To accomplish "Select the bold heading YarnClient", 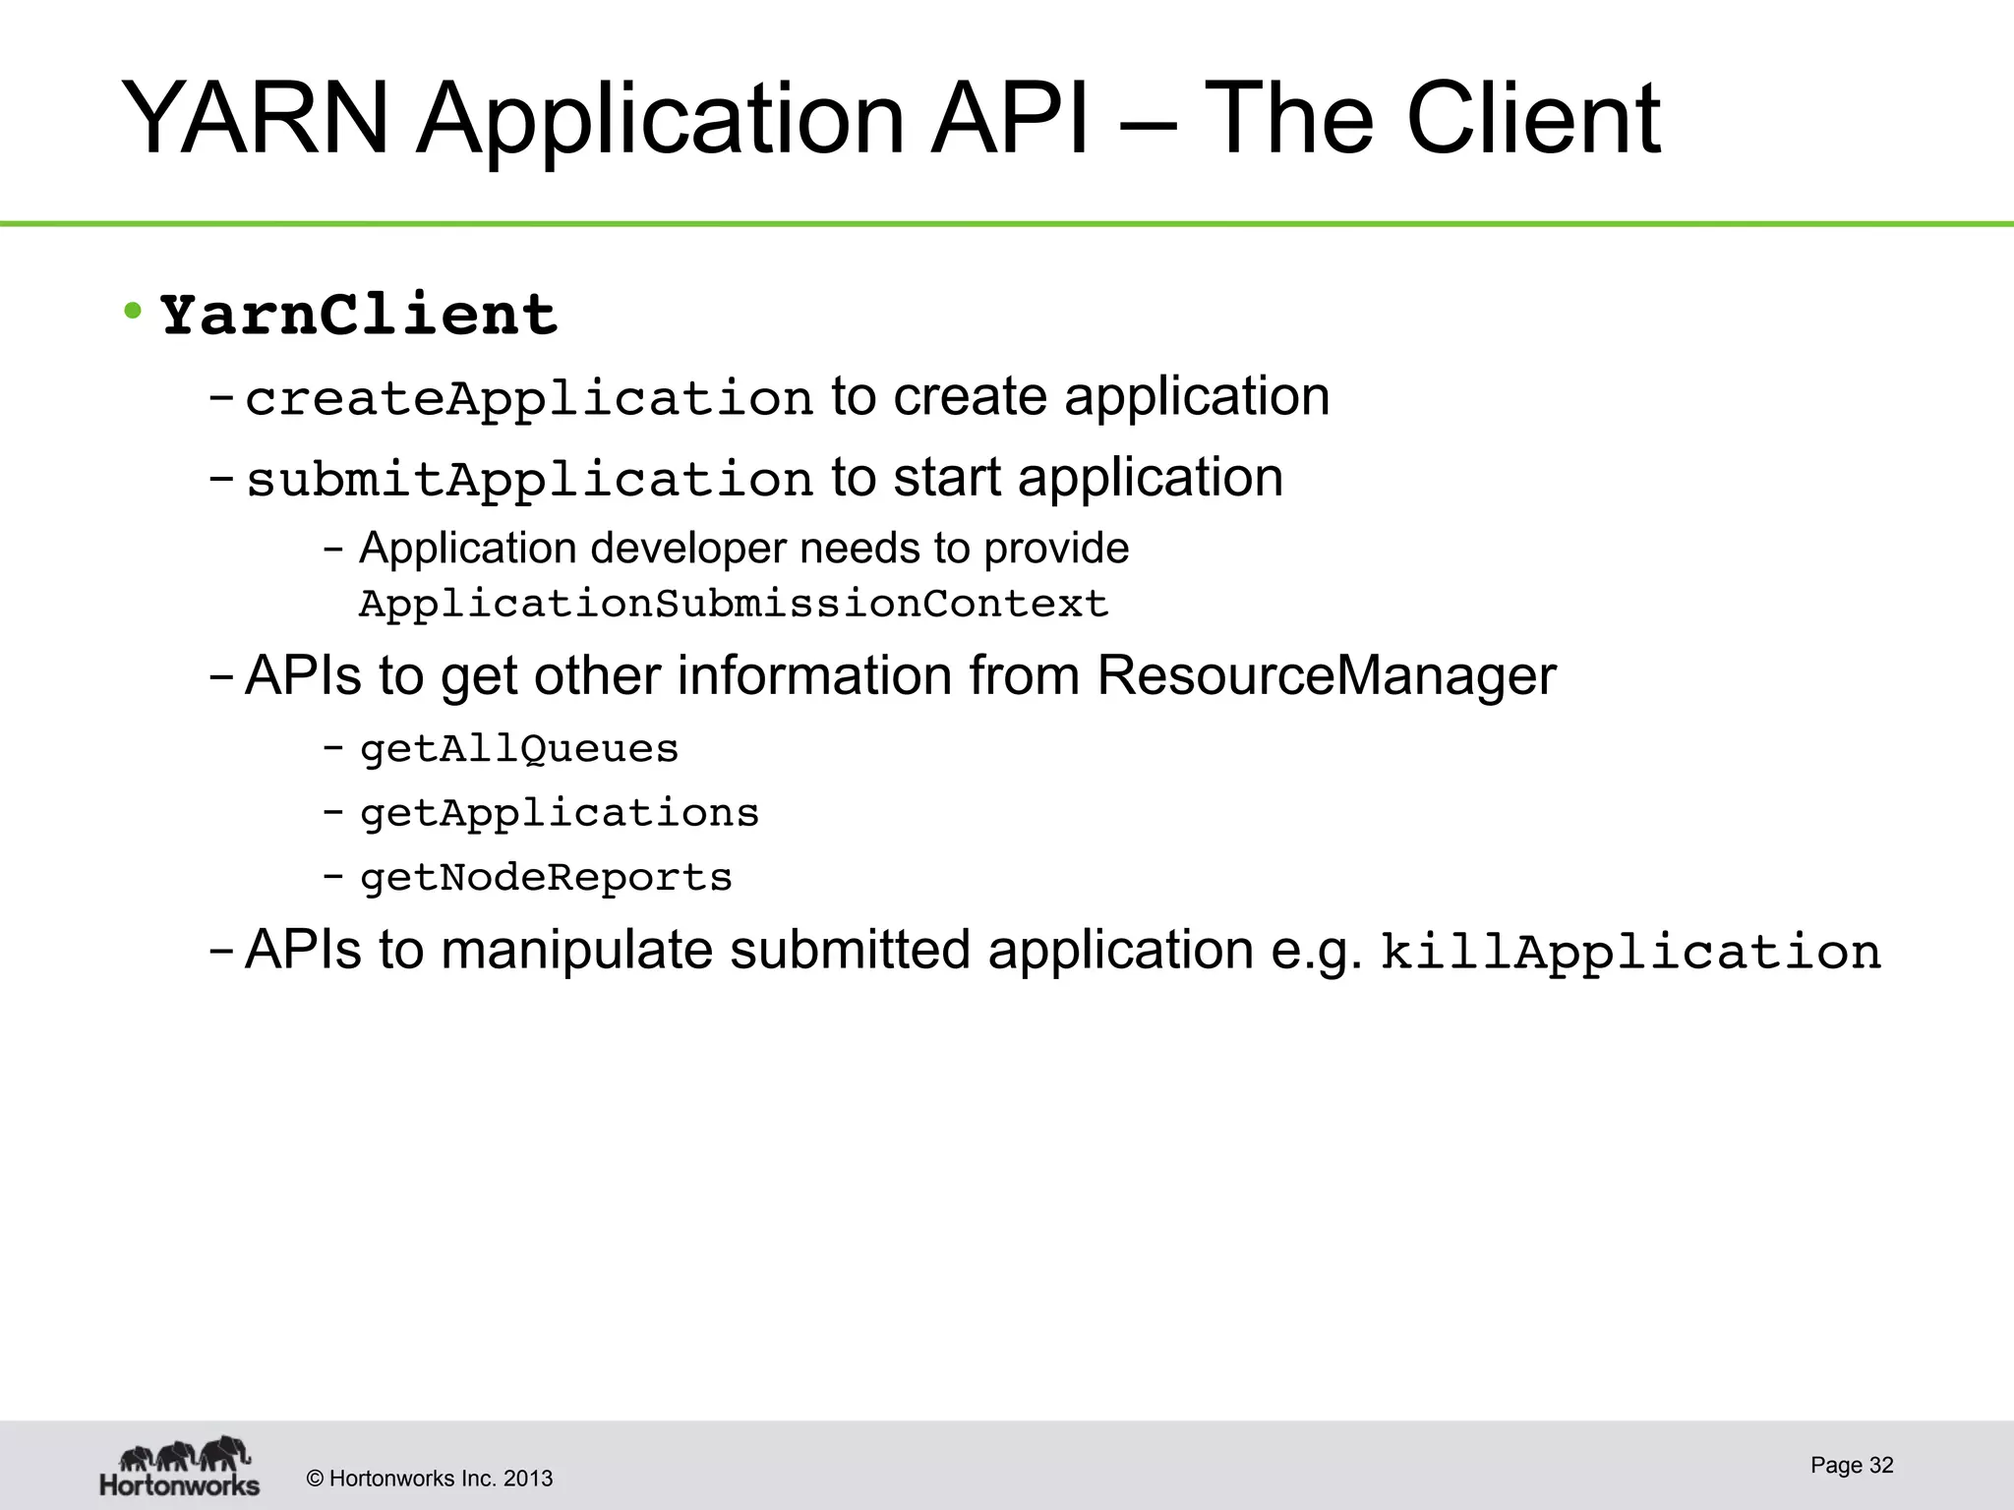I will [x=359, y=316].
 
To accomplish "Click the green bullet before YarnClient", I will [x=133, y=312].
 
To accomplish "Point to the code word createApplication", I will [x=529, y=399].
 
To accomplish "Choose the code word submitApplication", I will [x=529, y=481].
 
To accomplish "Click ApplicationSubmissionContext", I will [x=734, y=604].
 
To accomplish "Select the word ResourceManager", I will [x=1326, y=676].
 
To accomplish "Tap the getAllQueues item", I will [x=519, y=750].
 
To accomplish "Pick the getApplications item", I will [x=560, y=814].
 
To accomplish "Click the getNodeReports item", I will [x=546, y=878].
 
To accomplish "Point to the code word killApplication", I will [x=1630, y=953].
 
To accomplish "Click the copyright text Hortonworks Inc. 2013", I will [x=440, y=1479].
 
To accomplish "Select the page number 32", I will [x=1880, y=1465].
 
